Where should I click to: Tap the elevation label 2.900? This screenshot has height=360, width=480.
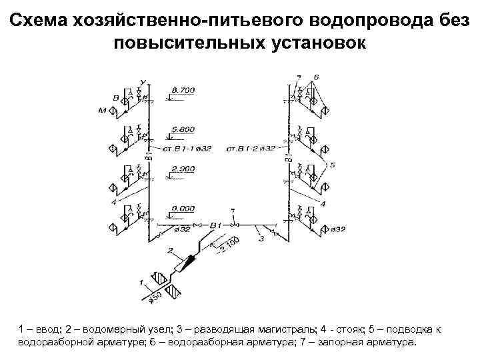coord(183,169)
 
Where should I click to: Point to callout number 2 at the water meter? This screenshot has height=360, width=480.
coord(170,251)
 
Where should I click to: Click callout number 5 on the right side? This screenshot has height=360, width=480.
coord(332,164)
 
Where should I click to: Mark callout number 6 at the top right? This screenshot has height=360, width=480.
coord(316,77)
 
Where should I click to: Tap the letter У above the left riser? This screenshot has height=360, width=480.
coord(143,82)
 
